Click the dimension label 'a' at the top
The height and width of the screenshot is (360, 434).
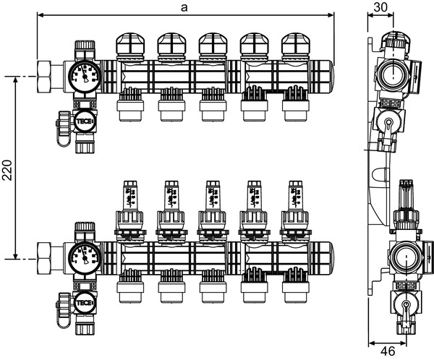(185, 7)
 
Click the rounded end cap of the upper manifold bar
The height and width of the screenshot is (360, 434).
(330, 74)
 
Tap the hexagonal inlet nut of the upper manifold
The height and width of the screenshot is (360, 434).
(48, 74)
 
